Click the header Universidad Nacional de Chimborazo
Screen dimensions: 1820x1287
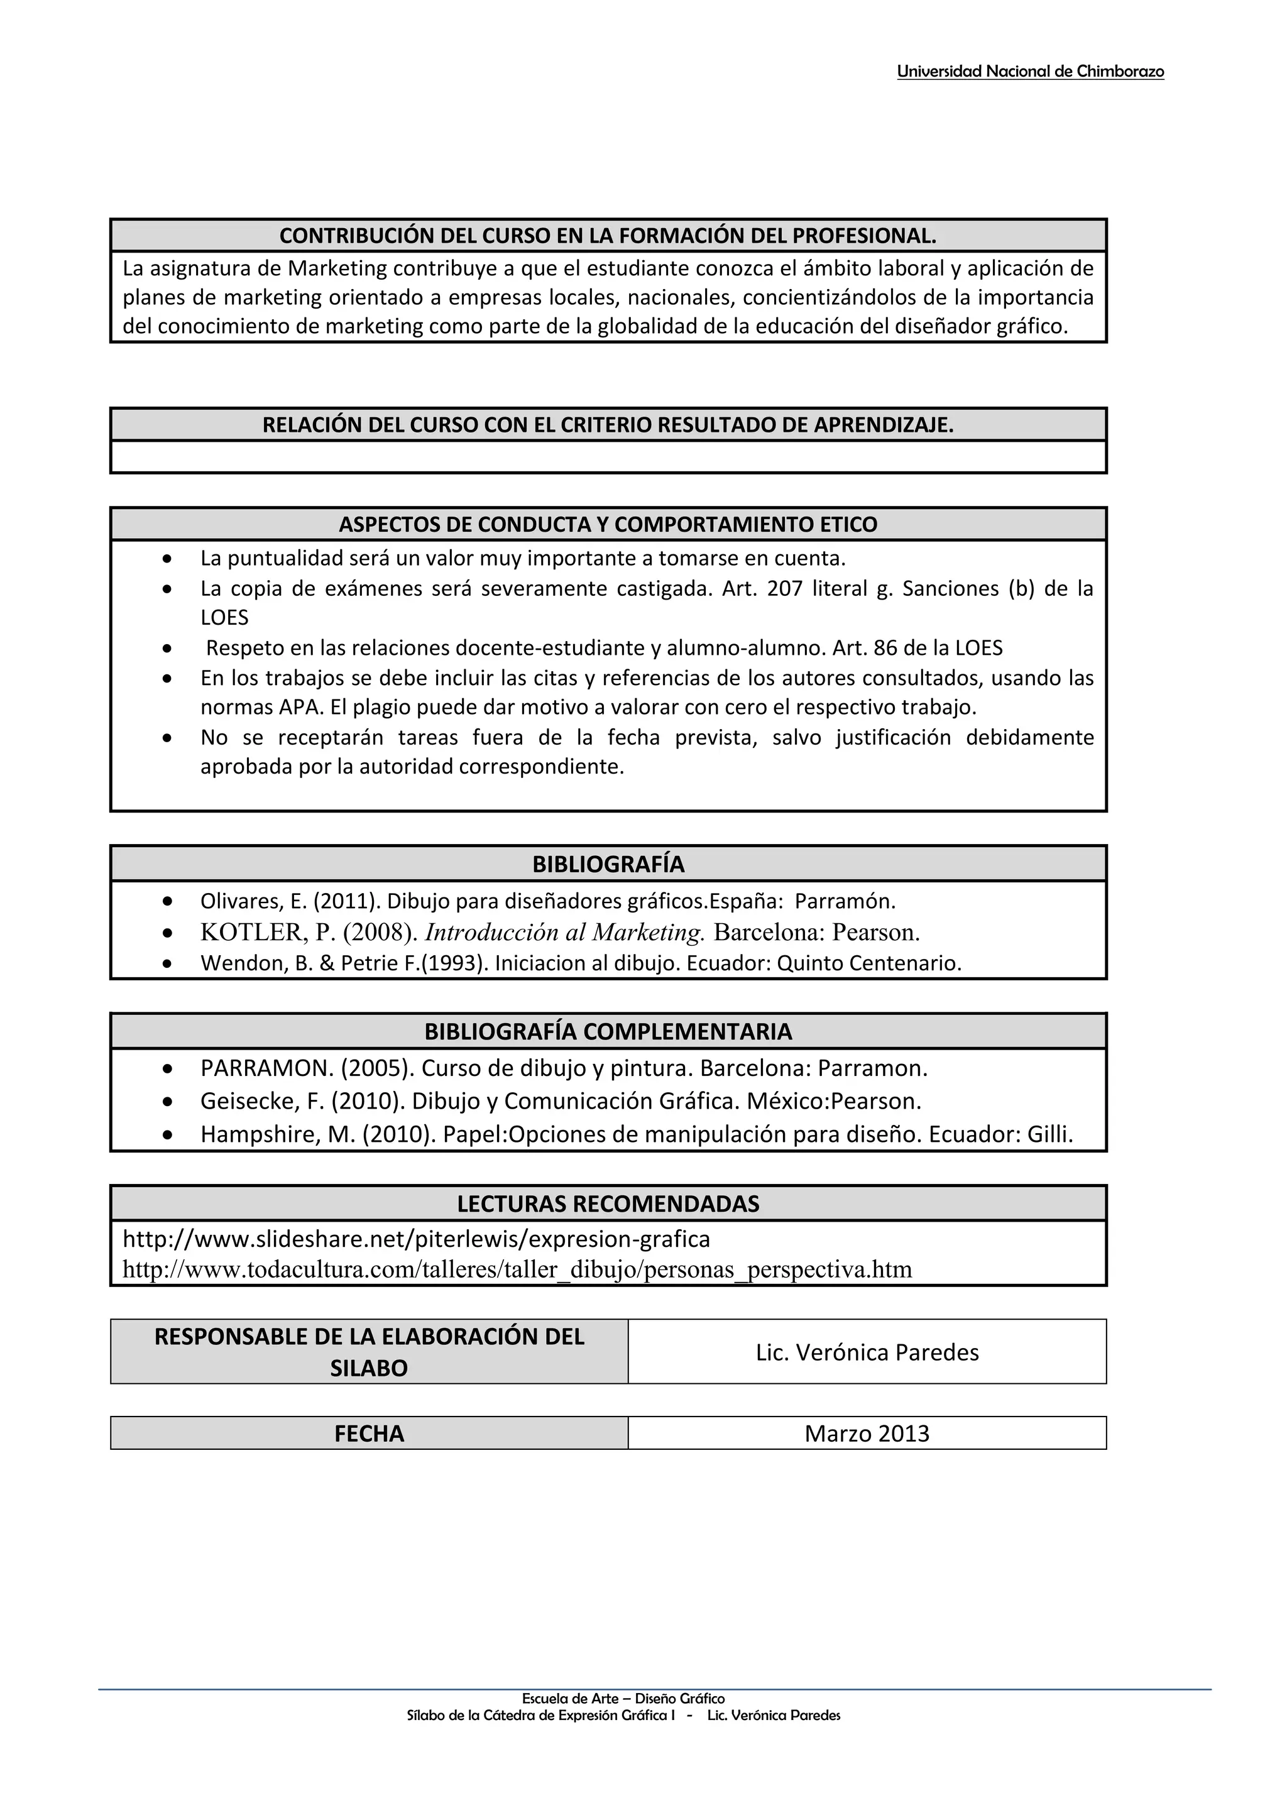pos(1029,72)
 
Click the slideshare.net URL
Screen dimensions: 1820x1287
pos(416,1238)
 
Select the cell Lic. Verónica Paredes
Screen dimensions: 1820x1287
pos(867,1352)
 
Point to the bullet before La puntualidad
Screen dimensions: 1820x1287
pos(167,559)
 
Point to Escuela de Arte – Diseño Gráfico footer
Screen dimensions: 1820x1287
pos(623,1698)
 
